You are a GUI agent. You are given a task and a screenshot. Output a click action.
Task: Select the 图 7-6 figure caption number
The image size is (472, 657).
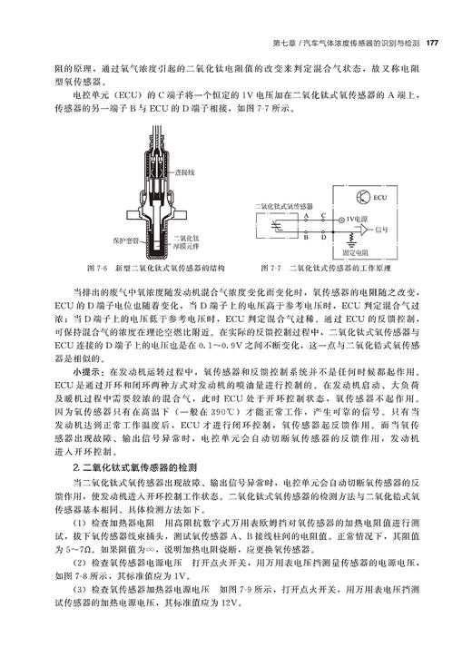click(x=93, y=269)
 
